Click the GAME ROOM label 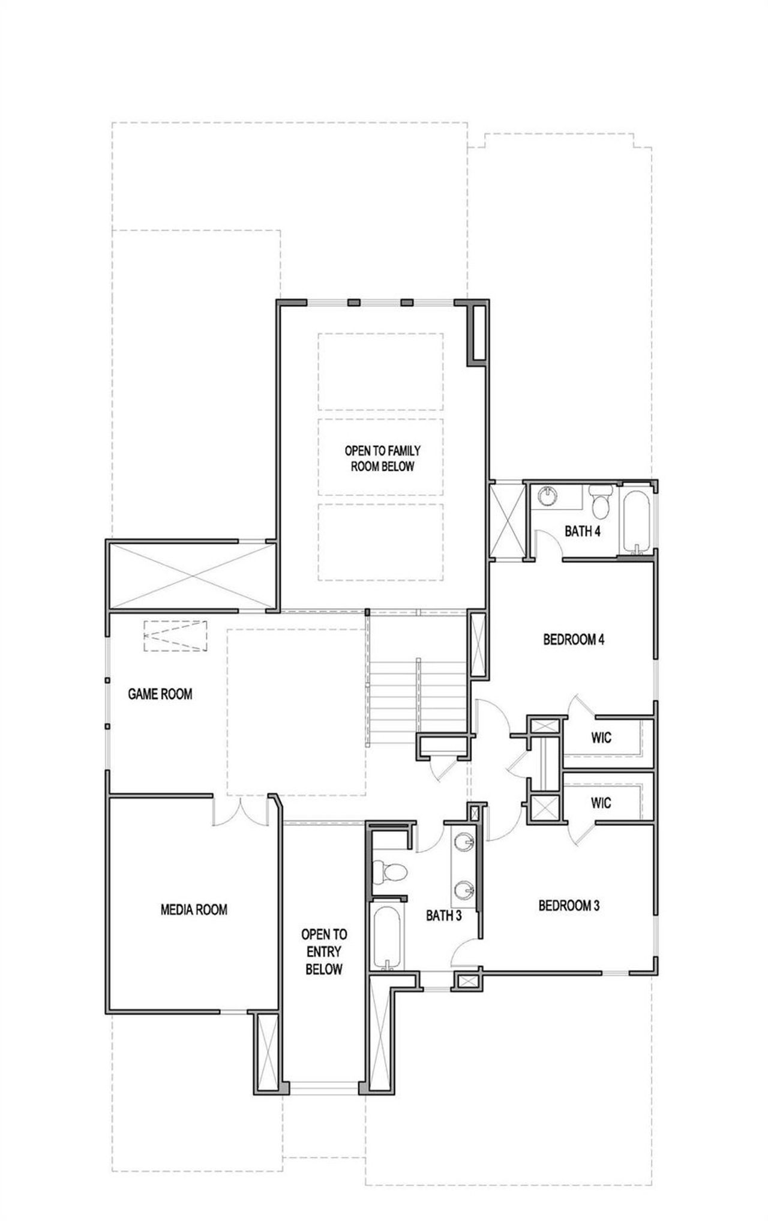point(160,695)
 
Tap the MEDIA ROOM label point(194,909)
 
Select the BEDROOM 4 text point(573,639)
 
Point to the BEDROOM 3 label point(569,905)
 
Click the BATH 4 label point(582,531)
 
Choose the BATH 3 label point(443,915)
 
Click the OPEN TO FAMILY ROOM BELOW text point(382,458)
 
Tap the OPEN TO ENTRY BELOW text point(324,951)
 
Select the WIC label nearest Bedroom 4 point(601,737)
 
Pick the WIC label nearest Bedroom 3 point(601,802)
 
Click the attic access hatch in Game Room point(175,636)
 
